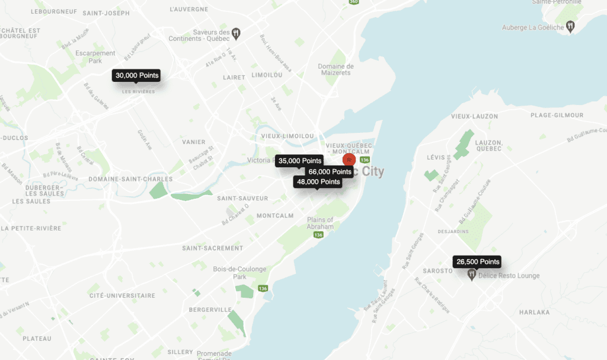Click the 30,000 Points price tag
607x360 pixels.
(137, 76)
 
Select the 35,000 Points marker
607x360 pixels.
(299, 161)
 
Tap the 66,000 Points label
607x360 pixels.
(333, 171)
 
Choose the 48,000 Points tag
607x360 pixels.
(318, 182)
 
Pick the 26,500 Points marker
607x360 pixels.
(478, 262)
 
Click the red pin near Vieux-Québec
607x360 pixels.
(350, 160)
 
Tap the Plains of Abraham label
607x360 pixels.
(320, 224)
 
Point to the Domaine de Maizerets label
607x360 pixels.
(336, 69)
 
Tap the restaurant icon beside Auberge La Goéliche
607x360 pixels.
(570, 26)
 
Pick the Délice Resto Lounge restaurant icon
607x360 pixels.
(472, 275)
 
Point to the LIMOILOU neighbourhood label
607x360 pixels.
(267, 76)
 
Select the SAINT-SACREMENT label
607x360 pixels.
(212, 248)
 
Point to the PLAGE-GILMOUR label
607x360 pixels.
(557, 115)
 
